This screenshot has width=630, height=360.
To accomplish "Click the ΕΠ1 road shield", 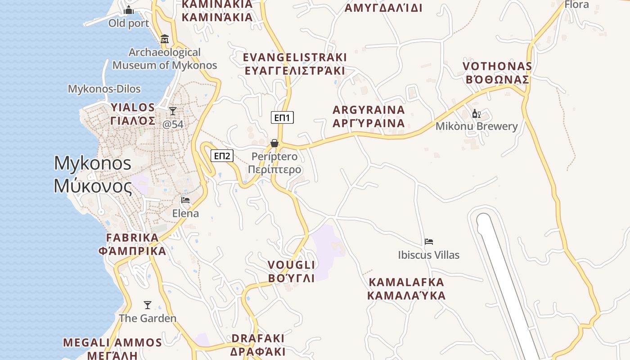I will coord(282,118).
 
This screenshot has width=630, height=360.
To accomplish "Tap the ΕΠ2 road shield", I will coord(222,156).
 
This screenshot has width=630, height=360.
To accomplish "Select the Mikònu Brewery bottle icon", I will coord(476,113).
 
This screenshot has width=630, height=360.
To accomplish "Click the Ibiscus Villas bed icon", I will coord(428,242).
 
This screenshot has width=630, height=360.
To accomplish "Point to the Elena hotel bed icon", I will coord(185,200).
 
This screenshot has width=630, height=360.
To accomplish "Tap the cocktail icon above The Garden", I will coord(147,305).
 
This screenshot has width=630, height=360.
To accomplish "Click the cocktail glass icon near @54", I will coord(173,111).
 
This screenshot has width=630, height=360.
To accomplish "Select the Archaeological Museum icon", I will coord(165,39).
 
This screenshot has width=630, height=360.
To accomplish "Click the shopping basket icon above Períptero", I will coord(274,143).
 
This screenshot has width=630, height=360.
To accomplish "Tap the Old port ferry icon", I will coord(129,9).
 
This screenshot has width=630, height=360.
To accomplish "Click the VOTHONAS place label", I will coord(497,67).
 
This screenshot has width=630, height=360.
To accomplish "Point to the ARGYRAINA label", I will coord(369,110).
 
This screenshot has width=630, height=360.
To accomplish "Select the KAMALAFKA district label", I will coord(406,283).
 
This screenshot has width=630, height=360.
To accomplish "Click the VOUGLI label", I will coord(291,265).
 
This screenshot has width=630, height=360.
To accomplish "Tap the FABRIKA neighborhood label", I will coord(132,238).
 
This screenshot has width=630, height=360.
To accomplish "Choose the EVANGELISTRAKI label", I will coord(295,58).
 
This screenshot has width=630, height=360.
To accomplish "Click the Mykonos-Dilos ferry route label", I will coord(104,89).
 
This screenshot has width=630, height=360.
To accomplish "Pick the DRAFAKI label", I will coord(257,338).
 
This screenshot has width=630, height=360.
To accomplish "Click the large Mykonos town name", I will coord(93,163).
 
